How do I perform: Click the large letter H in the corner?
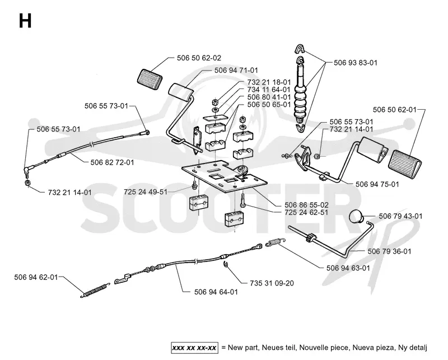pos(25,21)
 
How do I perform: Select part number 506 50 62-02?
pos(199,58)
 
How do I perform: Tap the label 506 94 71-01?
pos(236,71)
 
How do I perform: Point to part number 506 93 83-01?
pos(356,63)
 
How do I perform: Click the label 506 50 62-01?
pos(395,110)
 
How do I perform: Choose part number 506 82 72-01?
pos(112,162)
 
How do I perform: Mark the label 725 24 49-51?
pos(146,191)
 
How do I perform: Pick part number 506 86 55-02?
pos(306,205)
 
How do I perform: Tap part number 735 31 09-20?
pos(272,283)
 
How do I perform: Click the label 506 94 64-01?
pos(216,292)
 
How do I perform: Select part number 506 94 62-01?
pos(36,277)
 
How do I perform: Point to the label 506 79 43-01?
pos(400,216)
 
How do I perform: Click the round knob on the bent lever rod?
pos(356,216)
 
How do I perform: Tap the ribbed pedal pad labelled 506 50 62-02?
pos(150,77)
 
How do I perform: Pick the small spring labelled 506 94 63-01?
pos(276,242)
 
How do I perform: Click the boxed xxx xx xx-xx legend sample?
pos(194,348)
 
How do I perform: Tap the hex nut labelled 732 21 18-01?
pos(216,102)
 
